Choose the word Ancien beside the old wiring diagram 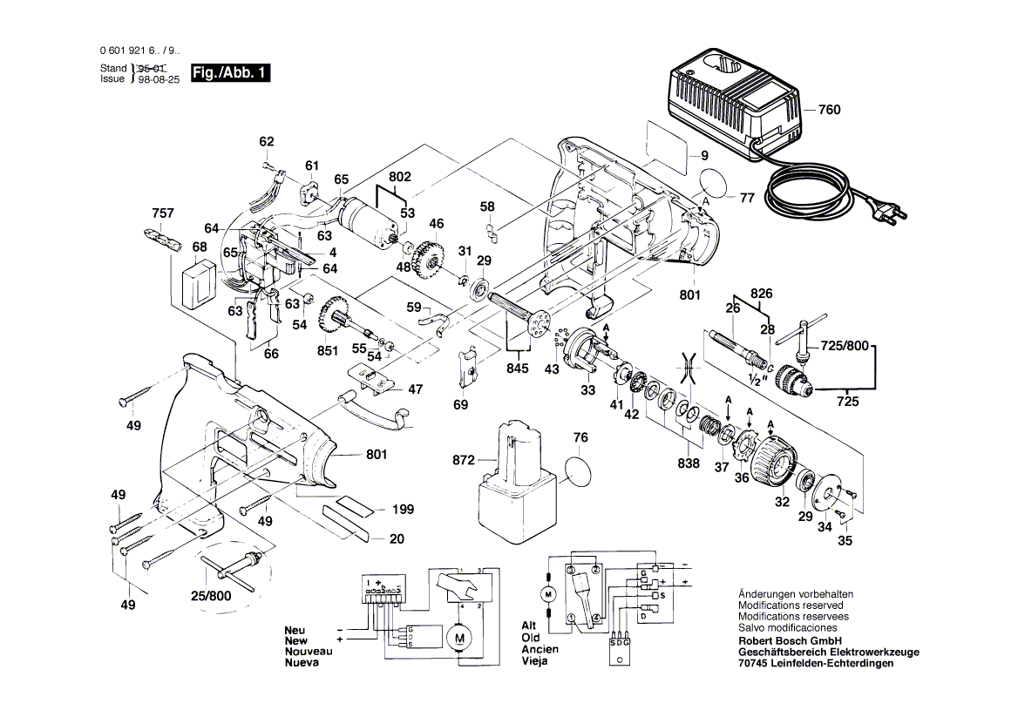tap(540, 649)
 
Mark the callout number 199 tap(403, 510)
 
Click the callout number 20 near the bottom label tap(397, 539)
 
